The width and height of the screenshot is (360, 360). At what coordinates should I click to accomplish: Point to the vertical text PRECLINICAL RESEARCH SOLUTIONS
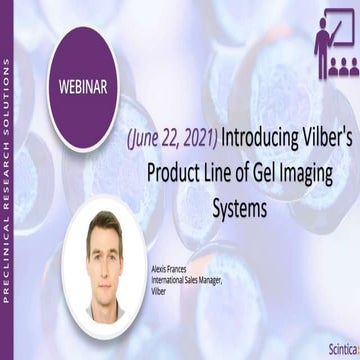coord(8,180)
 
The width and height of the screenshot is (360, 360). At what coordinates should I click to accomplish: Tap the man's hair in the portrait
coord(103,224)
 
